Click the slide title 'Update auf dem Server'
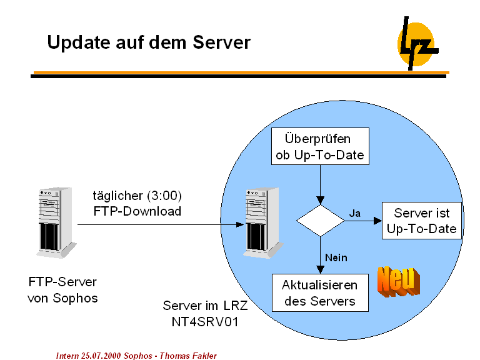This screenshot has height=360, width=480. (x=149, y=42)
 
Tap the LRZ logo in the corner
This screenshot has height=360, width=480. (x=416, y=44)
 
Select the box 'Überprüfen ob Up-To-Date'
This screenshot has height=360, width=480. (x=320, y=146)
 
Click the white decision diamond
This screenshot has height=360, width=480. (x=320, y=221)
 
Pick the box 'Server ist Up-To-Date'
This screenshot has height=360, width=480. (x=422, y=221)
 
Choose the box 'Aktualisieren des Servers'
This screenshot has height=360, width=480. (x=320, y=293)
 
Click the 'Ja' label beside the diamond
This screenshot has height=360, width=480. (x=354, y=213)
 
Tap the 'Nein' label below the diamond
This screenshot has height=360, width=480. (x=336, y=257)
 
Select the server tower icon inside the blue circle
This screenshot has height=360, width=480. (x=257, y=220)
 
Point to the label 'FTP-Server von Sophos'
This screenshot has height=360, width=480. (x=62, y=289)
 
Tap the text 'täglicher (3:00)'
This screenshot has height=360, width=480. (x=137, y=195)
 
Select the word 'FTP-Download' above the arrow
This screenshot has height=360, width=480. (x=137, y=211)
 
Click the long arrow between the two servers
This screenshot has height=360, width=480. (x=159, y=225)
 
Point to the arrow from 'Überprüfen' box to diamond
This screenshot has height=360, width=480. (x=320, y=184)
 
